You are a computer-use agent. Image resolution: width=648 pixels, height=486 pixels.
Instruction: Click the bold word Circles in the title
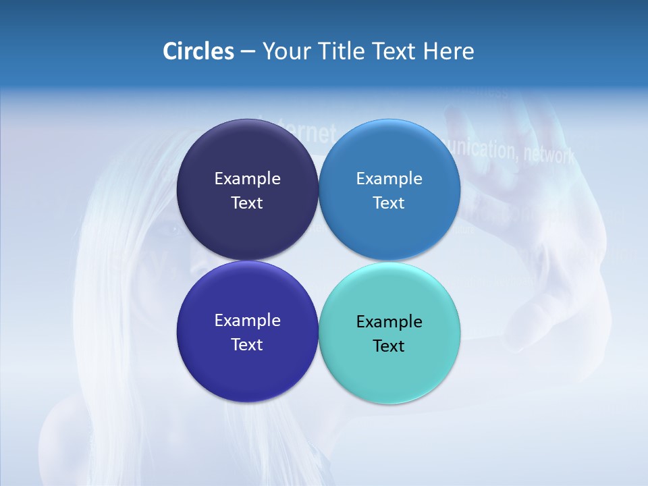(198, 51)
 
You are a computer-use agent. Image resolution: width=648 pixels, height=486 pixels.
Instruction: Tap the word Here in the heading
(449, 51)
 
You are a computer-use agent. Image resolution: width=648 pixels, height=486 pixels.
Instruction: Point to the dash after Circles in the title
(248, 52)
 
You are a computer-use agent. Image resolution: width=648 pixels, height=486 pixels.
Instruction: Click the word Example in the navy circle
(247, 179)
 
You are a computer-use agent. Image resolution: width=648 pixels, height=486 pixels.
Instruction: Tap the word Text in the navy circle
(247, 203)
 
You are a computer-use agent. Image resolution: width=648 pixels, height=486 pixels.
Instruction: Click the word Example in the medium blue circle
(389, 179)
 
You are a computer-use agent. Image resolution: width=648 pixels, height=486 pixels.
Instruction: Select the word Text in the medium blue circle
(389, 203)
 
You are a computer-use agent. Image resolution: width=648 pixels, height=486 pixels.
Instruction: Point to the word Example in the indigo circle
(247, 321)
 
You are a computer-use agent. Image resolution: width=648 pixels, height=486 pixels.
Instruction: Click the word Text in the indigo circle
(247, 345)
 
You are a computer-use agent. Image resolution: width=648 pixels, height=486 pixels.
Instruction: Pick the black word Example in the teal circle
(389, 322)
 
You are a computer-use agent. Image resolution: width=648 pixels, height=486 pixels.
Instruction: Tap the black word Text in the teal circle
(389, 346)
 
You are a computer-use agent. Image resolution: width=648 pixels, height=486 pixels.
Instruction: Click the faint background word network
(549, 155)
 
